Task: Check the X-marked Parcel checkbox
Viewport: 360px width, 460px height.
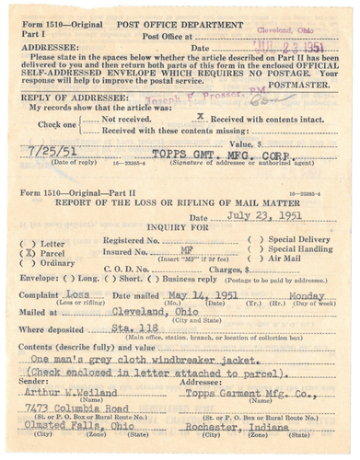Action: pos(32,251)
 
